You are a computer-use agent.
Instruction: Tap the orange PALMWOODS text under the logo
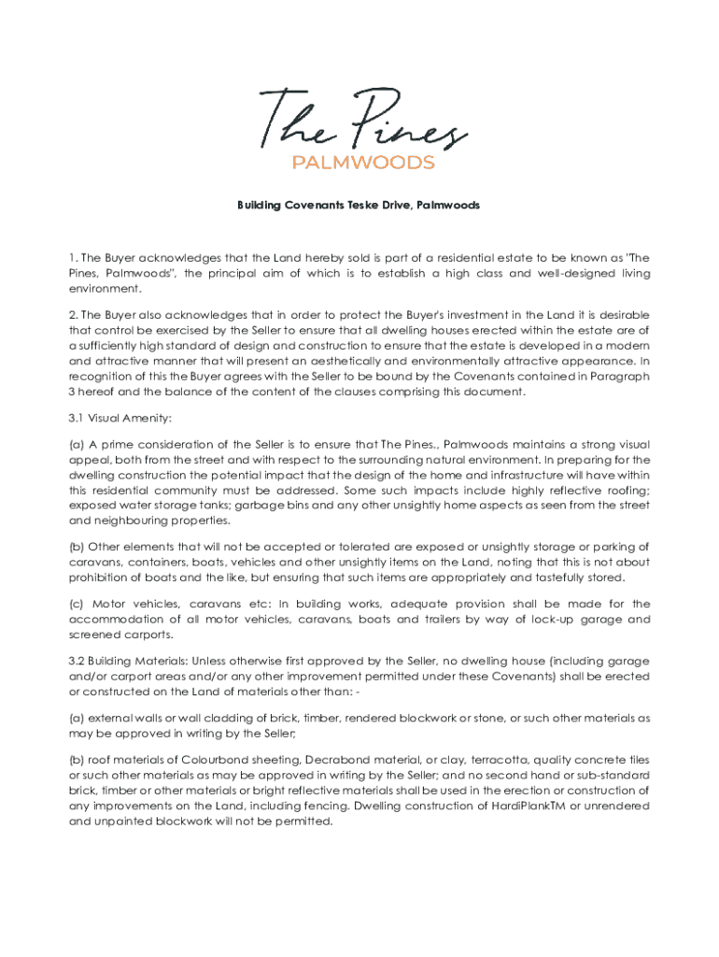[x=363, y=163]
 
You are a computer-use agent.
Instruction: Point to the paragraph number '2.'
[x=74, y=315]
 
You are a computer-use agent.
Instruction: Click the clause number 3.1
[x=78, y=417]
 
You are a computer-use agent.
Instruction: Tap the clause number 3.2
[x=78, y=661]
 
